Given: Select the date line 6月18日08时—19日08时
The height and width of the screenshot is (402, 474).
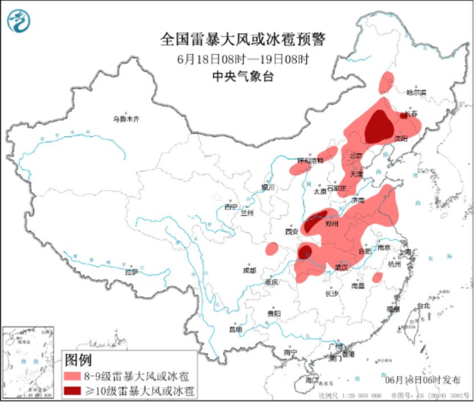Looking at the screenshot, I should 242,58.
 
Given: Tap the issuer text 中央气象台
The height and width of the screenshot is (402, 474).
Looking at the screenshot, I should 242,76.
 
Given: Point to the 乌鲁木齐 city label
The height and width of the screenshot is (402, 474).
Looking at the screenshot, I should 125,119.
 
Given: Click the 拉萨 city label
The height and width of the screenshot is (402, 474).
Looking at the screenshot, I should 132,273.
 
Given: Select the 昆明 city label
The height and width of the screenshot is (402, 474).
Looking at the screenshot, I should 236,329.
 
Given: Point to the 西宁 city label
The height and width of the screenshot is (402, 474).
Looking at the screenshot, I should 230,206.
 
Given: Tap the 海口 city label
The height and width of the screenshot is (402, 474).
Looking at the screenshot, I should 311,380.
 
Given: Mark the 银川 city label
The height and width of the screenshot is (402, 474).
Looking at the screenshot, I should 268,187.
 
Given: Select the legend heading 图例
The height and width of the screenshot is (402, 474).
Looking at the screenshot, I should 79,360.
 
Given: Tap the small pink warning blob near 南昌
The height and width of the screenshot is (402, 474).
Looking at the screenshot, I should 377,278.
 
